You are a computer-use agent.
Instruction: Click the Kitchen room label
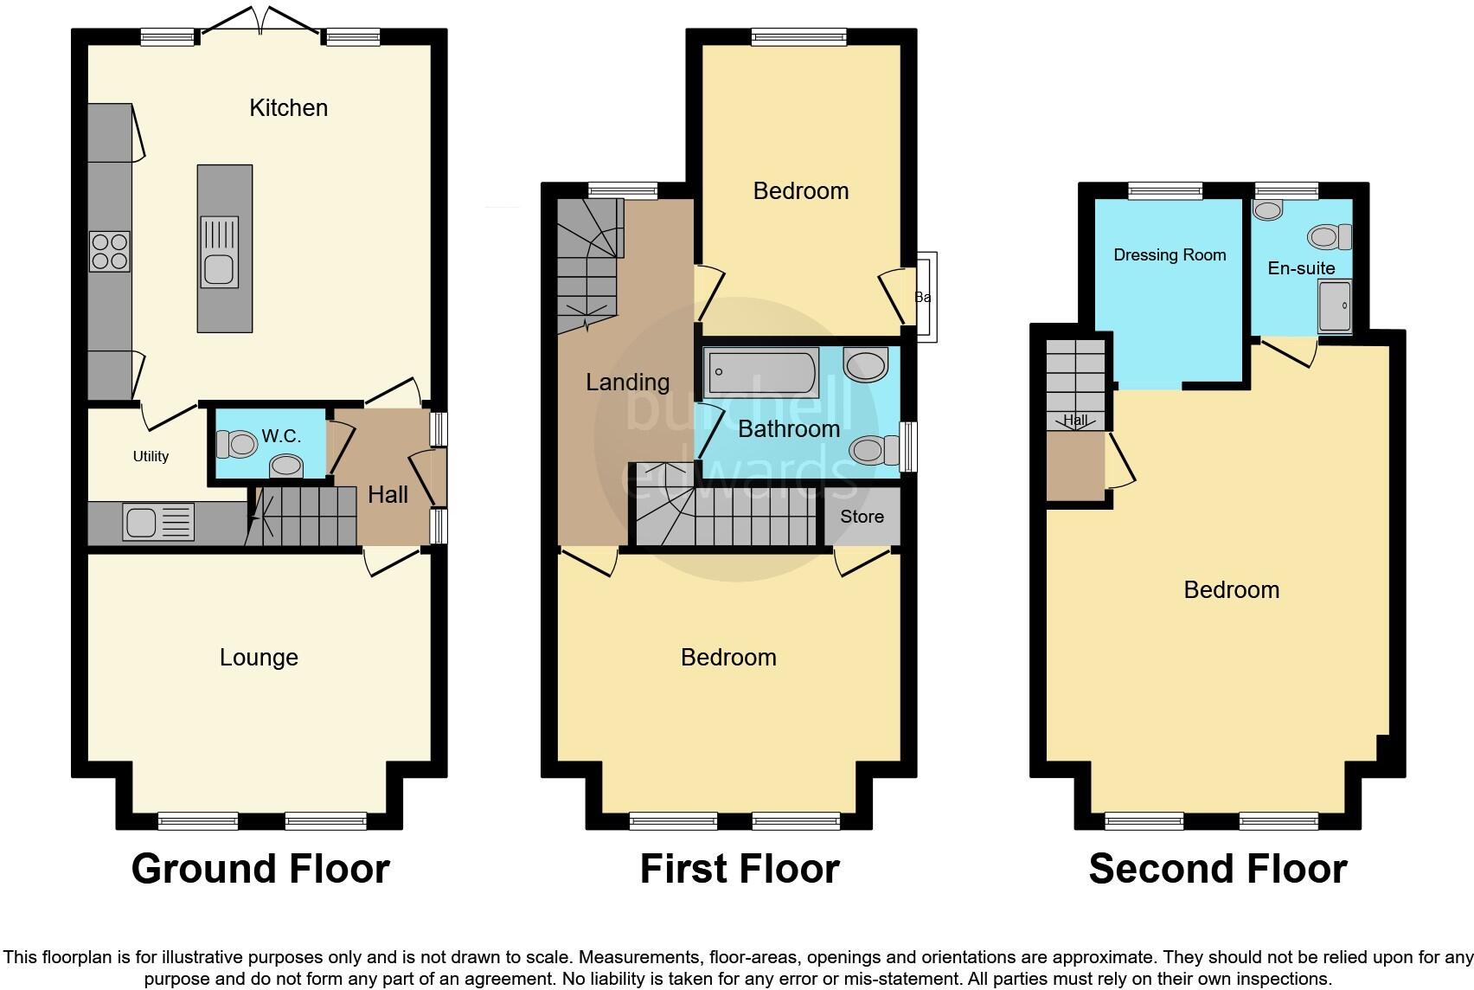point(288,108)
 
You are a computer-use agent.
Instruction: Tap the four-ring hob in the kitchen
point(109,252)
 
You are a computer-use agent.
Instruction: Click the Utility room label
point(151,456)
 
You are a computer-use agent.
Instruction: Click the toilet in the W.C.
point(238,445)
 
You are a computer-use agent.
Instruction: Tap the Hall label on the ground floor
point(388,495)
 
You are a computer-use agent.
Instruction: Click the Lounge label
point(259,658)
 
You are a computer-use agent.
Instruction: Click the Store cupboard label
point(862,517)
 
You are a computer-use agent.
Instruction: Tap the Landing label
point(627,382)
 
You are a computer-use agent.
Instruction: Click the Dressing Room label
point(1170,254)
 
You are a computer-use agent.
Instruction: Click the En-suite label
point(1301,268)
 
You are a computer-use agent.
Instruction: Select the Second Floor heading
point(1217,869)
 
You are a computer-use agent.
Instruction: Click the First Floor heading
point(740,869)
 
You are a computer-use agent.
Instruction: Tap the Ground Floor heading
point(260,869)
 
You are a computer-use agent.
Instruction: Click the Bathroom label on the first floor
point(789,429)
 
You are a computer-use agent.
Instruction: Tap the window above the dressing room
point(1165,190)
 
